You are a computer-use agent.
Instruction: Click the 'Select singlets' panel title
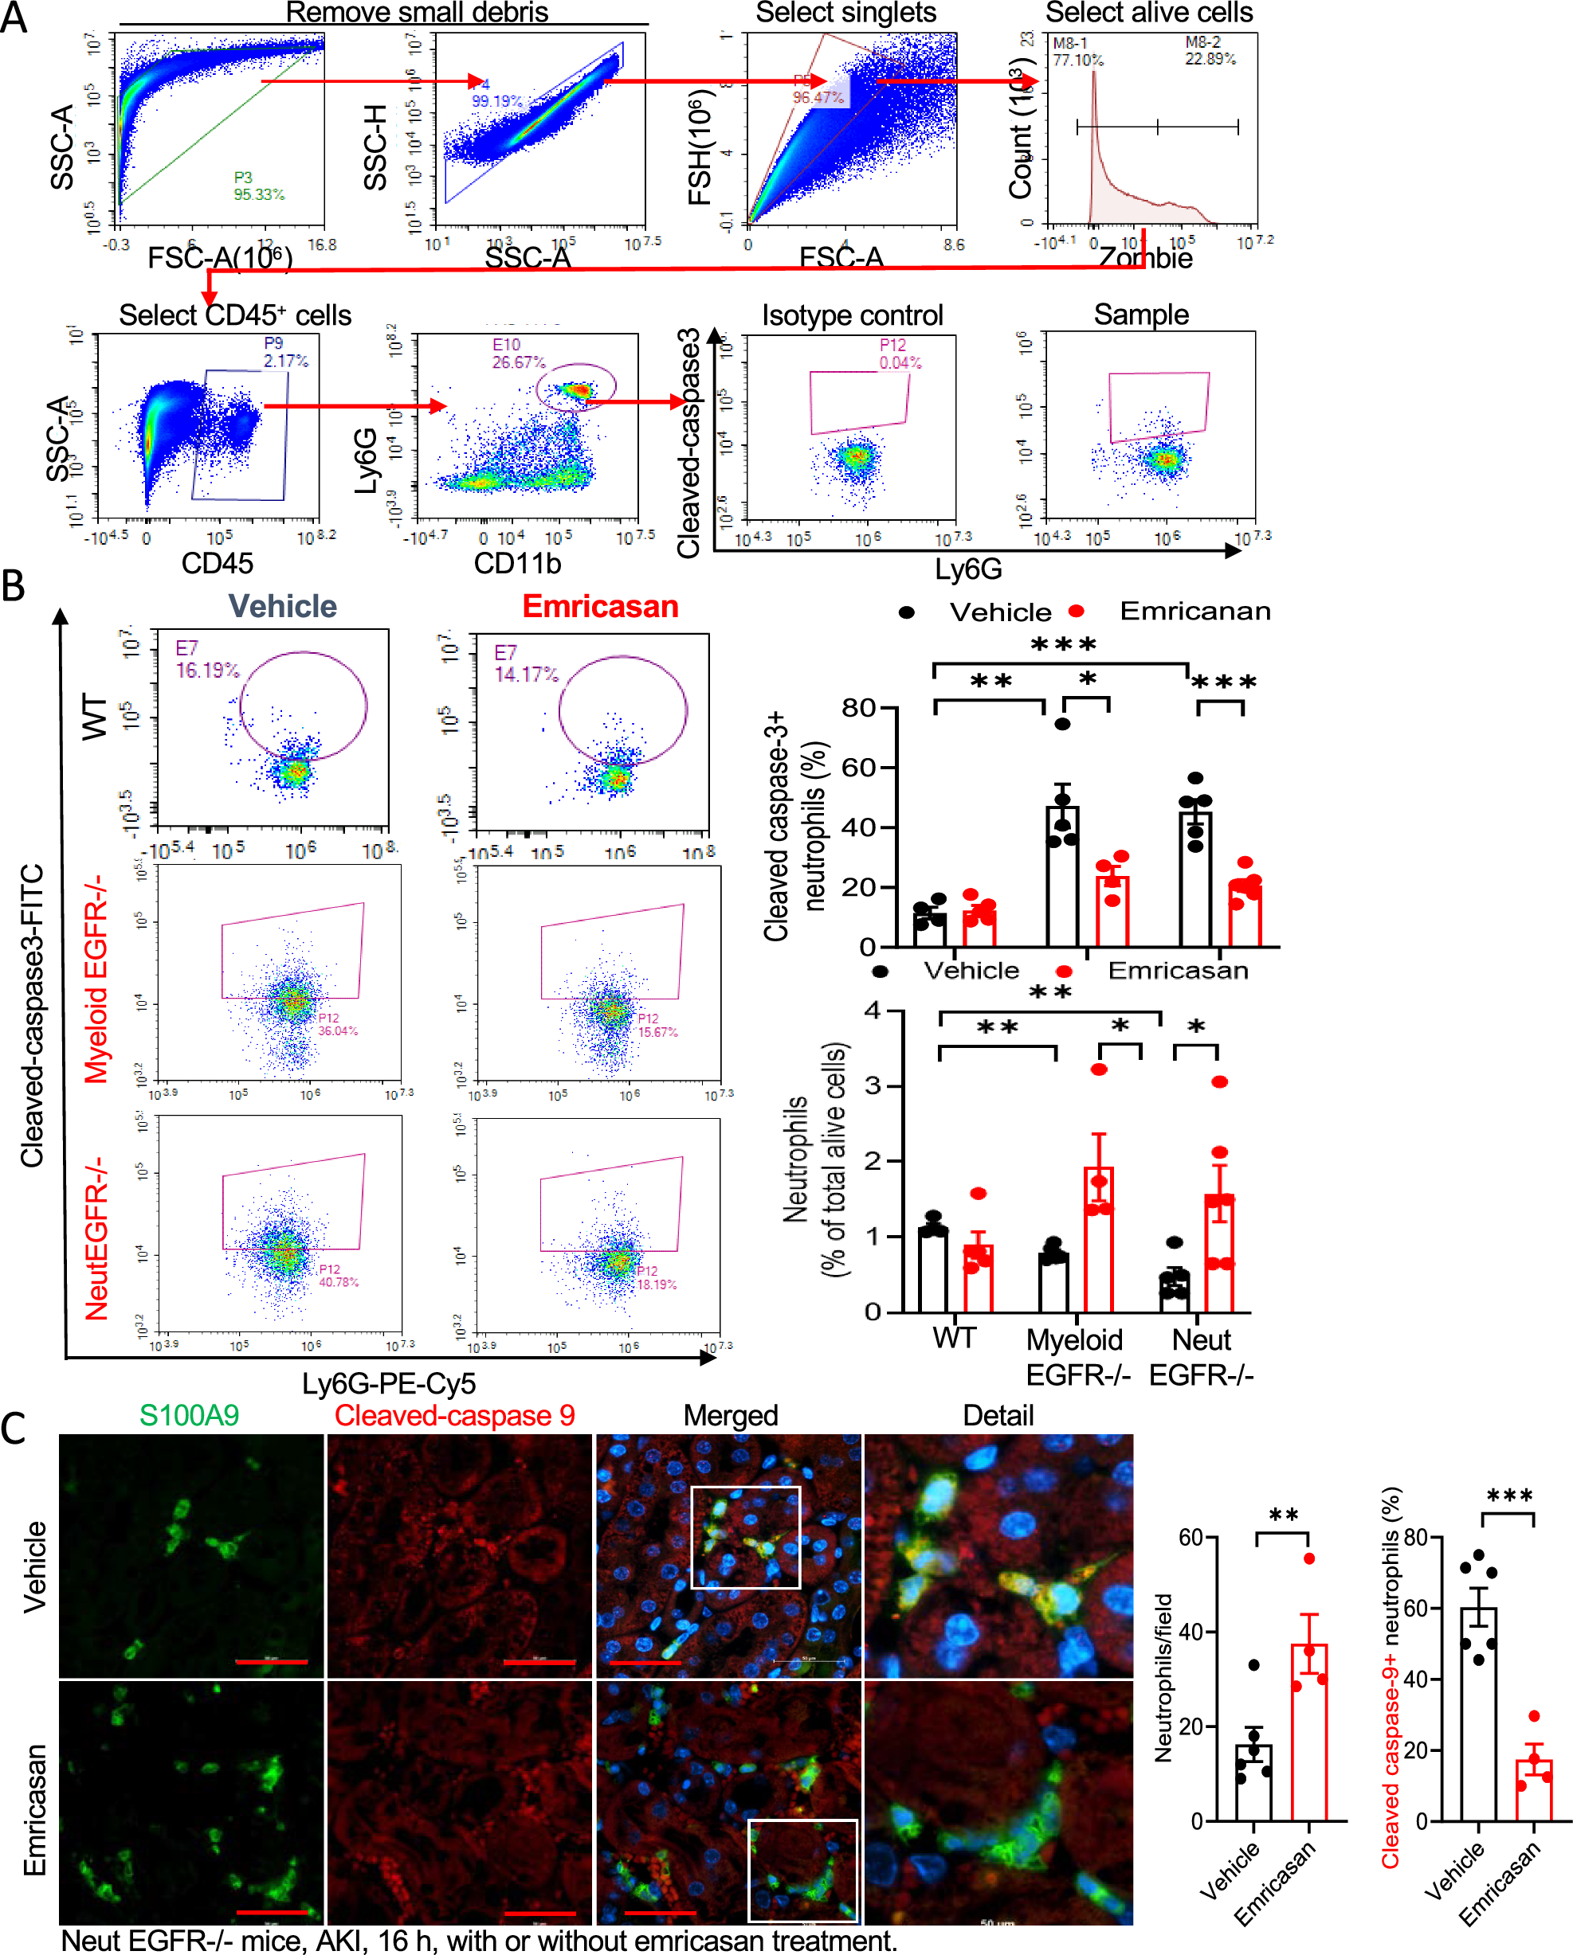[845, 13]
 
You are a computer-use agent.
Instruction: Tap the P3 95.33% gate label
[258, 186]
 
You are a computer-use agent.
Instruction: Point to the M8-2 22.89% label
[1209, 51]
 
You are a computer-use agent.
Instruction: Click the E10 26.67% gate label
[519, 354]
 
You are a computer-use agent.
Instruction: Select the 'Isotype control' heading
[852, 315]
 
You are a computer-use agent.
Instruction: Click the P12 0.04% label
[899, 354]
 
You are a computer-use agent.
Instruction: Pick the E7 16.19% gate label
[207, 659]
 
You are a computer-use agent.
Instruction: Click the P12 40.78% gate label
[337, 1276]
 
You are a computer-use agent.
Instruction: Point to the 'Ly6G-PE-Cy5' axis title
[388, 1384]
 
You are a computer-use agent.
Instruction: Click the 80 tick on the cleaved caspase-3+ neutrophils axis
[857, 708]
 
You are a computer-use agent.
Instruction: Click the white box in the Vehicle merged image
[745, 1537]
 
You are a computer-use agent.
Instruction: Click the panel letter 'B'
[14, 586]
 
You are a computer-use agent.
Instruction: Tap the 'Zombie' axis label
[1145, 259]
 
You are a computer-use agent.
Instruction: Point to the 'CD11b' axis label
[517, 563]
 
